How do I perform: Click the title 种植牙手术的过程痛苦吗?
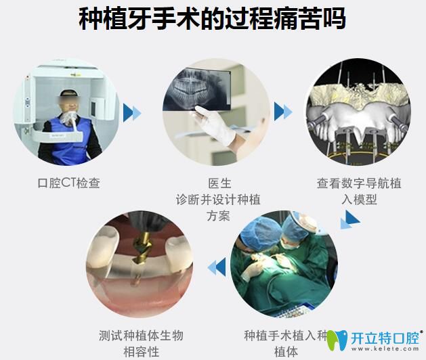[213, 20]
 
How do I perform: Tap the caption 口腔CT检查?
[69, 183]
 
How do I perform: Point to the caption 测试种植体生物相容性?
[141, 343]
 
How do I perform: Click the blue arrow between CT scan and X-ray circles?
[132, 112]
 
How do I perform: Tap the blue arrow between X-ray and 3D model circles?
[283, 112]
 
